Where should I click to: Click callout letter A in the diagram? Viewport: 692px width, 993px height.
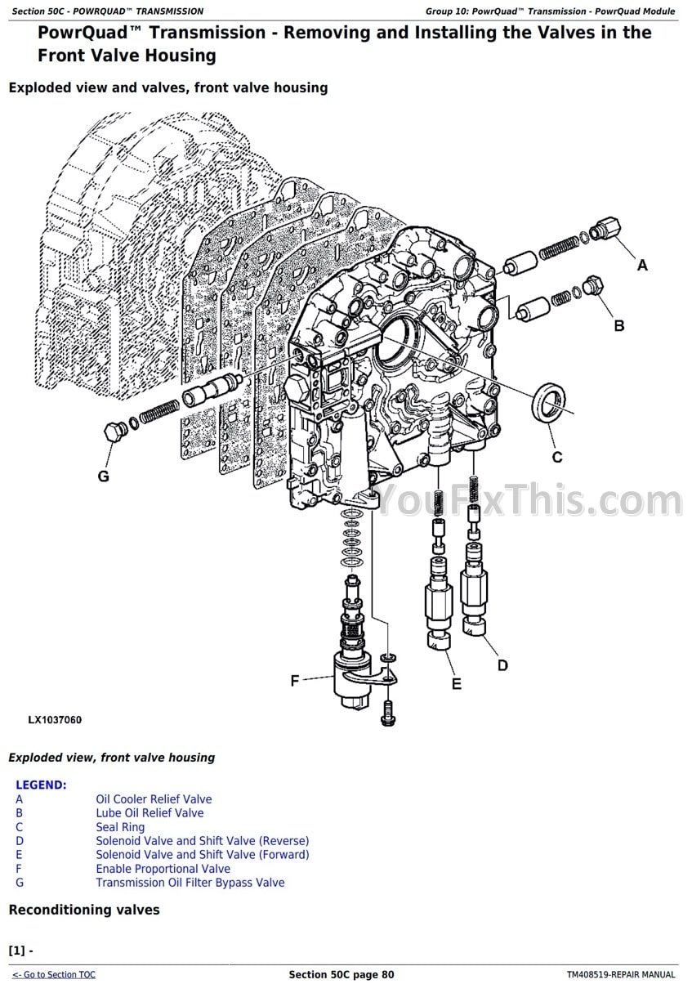pos(642,265)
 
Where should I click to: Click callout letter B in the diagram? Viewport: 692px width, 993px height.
pos(619,325)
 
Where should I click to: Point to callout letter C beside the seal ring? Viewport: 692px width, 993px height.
pos(557,457)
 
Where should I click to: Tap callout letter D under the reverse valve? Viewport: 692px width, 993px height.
pos(502,665)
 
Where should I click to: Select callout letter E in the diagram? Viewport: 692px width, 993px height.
pos(456,683)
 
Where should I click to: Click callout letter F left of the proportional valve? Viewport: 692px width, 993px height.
pos(296,680)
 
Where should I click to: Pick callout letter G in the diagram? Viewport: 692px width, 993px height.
pos(104,476)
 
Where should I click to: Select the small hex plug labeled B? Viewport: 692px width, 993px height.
pos(594,288)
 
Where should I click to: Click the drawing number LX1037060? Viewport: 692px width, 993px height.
pos(55,720)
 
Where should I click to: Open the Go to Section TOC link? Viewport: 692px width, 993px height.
pos(54,974)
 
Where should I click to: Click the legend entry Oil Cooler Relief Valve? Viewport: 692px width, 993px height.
pos(154,799)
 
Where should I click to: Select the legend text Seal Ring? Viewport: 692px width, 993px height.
pos(120,827)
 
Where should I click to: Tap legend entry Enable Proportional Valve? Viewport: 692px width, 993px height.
pos(163,869)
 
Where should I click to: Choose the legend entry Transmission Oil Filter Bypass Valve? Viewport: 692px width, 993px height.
pos(190,883)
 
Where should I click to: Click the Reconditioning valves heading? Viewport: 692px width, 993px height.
pos(84,910)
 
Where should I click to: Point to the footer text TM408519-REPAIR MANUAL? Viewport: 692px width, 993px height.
pos(621,974)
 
